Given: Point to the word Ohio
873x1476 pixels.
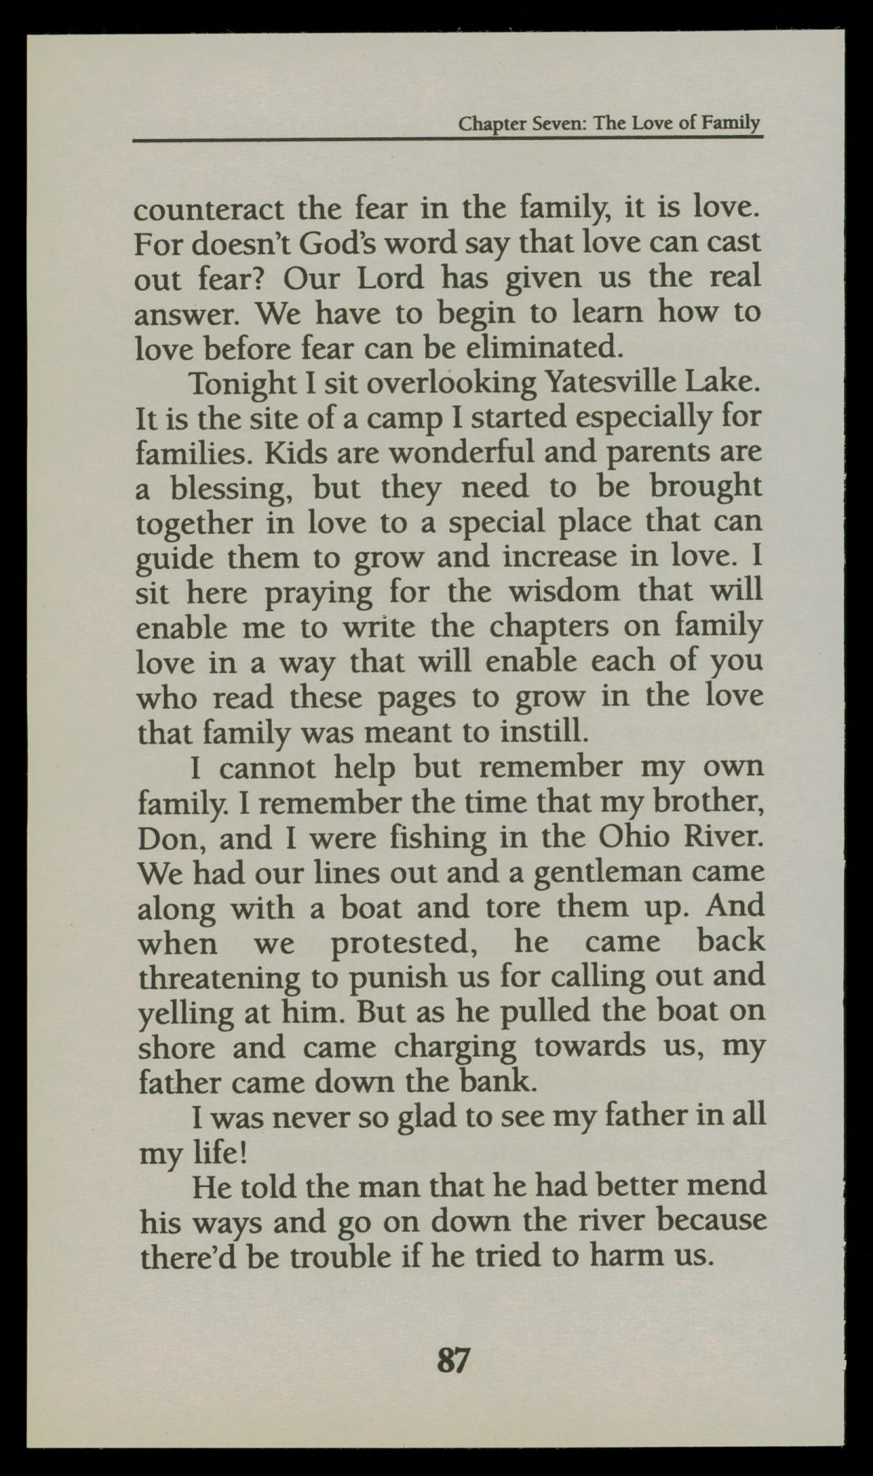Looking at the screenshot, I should (x=631, y=838).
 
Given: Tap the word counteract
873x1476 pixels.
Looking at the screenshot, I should (x=209, y=209).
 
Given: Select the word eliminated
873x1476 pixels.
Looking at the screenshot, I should (x=535, y=347).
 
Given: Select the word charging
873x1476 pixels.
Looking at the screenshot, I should (x=455, y=1048).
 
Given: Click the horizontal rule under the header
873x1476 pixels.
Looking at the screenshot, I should (x=448, y=139).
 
